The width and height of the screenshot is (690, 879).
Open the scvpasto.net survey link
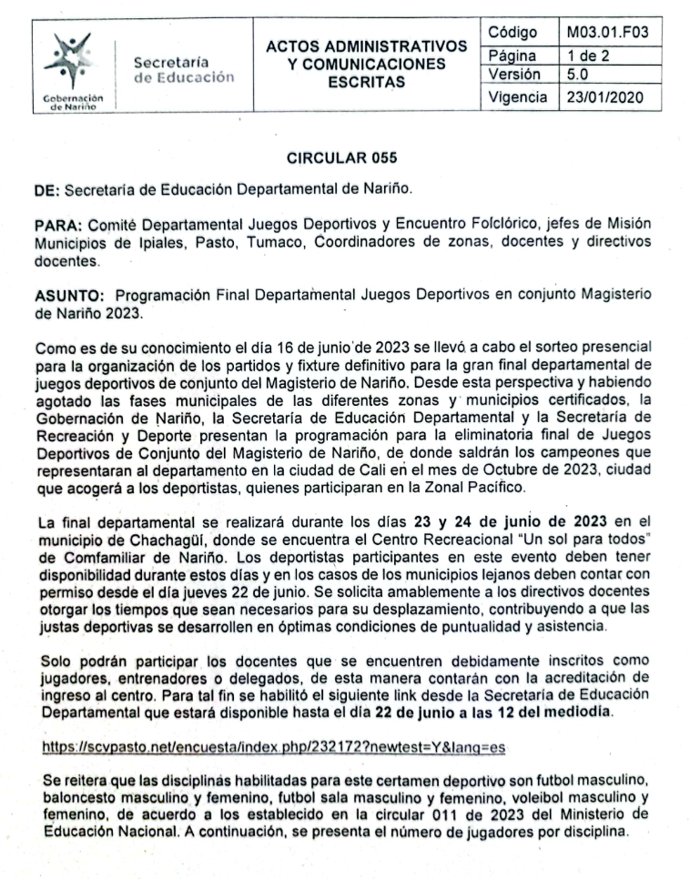coord(273,746)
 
